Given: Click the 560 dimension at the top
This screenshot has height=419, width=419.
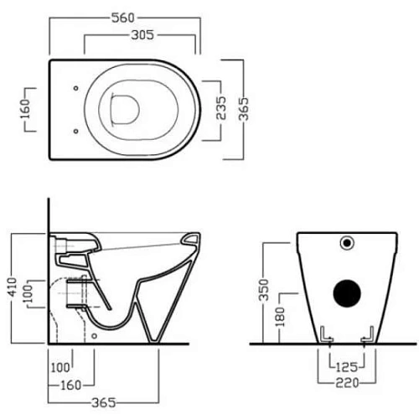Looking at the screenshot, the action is pos(123,18).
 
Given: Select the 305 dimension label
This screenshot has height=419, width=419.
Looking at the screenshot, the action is pos(142,35).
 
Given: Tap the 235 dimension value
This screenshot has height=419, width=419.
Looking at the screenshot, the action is pos(221,108).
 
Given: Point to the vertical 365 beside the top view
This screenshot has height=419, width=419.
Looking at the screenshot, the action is pos(244,109).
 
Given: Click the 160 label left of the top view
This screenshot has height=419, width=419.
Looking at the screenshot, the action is pos(25,109).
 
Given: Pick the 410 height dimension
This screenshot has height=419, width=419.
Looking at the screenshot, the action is pos(13,287).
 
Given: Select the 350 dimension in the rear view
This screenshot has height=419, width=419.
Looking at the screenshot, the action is pos(263,290).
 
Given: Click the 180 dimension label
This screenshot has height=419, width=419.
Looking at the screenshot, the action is pos(280,317).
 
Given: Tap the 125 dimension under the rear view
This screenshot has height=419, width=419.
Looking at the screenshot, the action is pos(347,367).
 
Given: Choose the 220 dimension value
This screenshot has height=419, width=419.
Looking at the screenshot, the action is pos(347,383).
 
